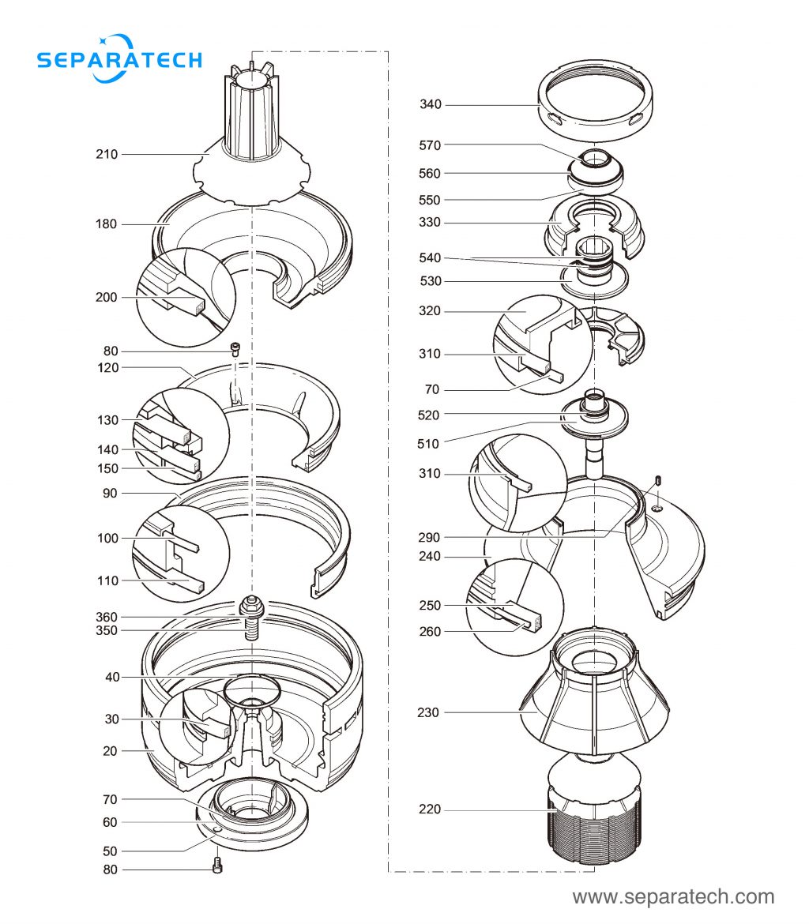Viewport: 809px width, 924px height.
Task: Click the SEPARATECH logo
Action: click(119, 58)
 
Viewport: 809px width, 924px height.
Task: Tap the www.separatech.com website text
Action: click(673, 897)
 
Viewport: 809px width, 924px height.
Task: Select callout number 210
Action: click(107, 154)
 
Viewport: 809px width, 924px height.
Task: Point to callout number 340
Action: click(431, 104)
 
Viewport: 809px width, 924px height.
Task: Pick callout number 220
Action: click(431, 809)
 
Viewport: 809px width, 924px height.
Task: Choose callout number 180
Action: click(107, 224)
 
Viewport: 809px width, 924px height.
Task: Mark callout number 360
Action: click(107, 617)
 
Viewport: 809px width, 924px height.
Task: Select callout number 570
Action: click(431, 145)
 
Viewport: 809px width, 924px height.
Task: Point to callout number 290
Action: click(431, 537)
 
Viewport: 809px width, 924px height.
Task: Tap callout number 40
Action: click(112, 677)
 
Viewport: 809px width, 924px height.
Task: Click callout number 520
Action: click(431, 415)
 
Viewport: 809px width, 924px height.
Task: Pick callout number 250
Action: click(431, 605)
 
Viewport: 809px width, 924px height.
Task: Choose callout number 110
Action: click(107, 580)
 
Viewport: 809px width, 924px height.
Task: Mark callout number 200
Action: click(107, 298)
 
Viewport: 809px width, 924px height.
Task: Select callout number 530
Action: click(431, 281)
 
